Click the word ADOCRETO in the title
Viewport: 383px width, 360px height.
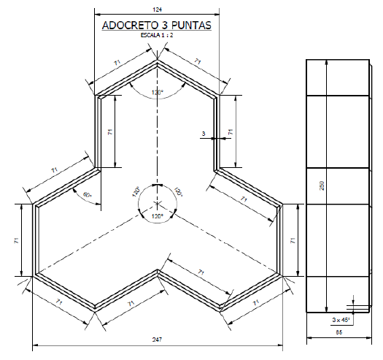coord(124,26)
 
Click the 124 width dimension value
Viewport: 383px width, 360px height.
coord(157,9)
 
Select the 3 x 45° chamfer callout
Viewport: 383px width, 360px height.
coord(339,320)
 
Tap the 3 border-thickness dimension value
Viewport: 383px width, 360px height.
coord(204,133)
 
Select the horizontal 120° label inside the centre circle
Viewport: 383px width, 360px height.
coord(157,217)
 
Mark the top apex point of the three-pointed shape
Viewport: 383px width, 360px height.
coord(157,60)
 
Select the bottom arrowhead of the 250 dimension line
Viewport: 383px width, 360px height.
coord(326,310)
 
